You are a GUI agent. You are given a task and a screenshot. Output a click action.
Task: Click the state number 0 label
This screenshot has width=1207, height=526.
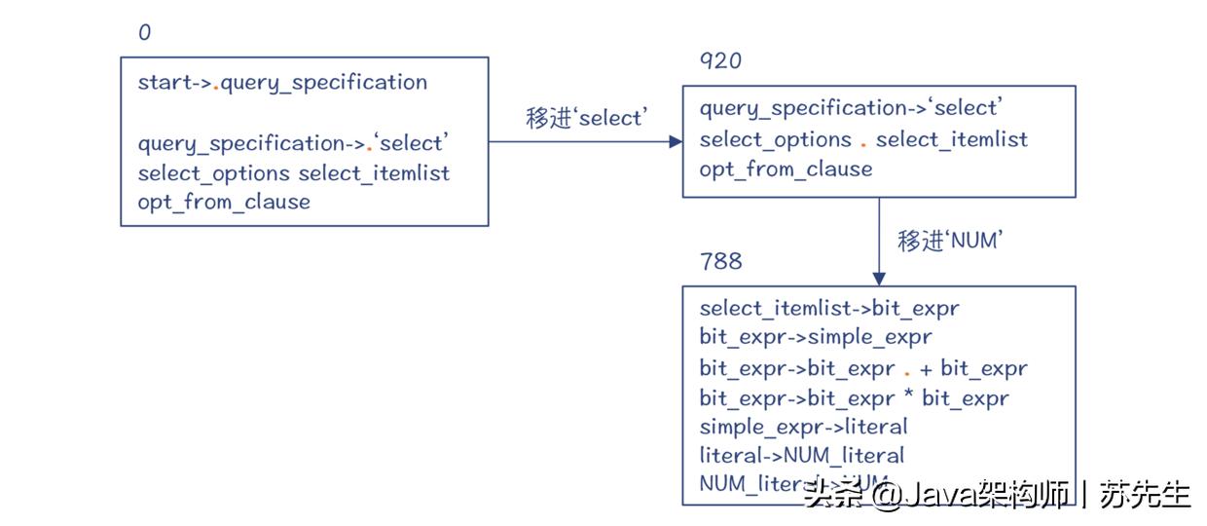click(144, 33)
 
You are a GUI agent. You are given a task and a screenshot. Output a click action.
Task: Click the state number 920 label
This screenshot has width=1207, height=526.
click(720, 61)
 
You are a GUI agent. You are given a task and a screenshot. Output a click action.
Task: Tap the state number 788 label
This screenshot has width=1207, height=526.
click(720, 261)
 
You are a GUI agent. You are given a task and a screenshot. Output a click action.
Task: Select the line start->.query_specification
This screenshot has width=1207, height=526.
click(282, 83)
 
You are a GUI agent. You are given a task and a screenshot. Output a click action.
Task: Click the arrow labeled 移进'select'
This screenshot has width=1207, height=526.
click(584, 141)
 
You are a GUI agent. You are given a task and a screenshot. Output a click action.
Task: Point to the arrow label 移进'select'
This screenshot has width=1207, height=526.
click(585, 118)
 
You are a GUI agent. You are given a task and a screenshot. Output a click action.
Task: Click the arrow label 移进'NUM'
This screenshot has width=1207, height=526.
click(950, 241)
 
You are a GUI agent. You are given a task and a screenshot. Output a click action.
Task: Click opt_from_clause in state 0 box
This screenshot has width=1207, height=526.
click(224, 203)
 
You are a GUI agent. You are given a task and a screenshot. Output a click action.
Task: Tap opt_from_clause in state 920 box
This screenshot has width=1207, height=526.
click(786, 169)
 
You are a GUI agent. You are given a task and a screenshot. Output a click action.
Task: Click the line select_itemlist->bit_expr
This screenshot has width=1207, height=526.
click(829, 309)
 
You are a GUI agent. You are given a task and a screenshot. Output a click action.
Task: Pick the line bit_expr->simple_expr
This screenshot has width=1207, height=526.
click(816, 338)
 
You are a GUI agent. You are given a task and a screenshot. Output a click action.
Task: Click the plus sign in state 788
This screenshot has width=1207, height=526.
click(926, 369)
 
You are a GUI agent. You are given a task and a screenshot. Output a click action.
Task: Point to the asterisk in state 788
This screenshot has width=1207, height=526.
click(907, 397)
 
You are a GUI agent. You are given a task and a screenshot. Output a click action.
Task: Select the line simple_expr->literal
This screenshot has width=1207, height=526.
click(803, 427)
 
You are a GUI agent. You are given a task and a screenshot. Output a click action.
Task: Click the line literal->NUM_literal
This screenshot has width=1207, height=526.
click(801, 455)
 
